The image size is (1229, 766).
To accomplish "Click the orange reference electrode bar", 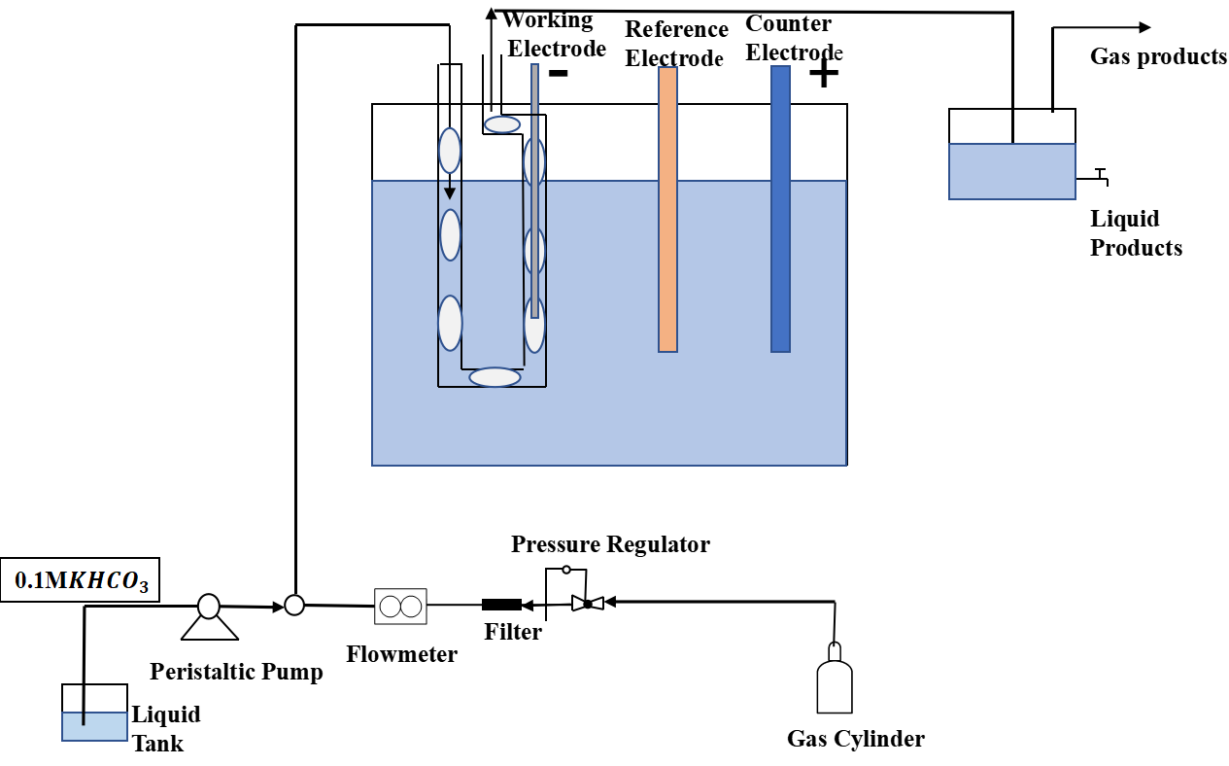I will coord(667,209).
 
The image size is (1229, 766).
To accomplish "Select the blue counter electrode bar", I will coord(780,209).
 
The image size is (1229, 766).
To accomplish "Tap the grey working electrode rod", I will coord(534,185).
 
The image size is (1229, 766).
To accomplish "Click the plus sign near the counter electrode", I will coord(824,74).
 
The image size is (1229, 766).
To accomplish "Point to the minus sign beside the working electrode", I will coord(559,74).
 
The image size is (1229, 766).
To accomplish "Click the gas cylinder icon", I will coord(835,680).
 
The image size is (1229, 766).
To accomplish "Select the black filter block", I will coord(501,605).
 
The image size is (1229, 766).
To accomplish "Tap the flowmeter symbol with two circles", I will coord(400,606).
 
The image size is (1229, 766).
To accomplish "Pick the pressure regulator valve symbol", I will coord(587,604).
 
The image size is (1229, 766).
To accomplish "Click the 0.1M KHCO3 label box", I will coord(81,582).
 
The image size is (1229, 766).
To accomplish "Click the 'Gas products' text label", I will coord(1158,56).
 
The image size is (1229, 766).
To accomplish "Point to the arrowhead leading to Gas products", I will coord(1145,27).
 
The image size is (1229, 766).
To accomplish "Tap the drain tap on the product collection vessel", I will coord(1098,176).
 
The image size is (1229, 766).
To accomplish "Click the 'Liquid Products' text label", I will coord(1136,233).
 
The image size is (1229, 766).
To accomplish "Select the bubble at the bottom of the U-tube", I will coord(495,377).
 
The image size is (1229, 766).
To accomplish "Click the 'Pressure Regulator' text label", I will coord(610,544).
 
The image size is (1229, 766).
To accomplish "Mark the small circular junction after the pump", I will coord(294,605).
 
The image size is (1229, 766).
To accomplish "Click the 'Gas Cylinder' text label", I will coord(855,739).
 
